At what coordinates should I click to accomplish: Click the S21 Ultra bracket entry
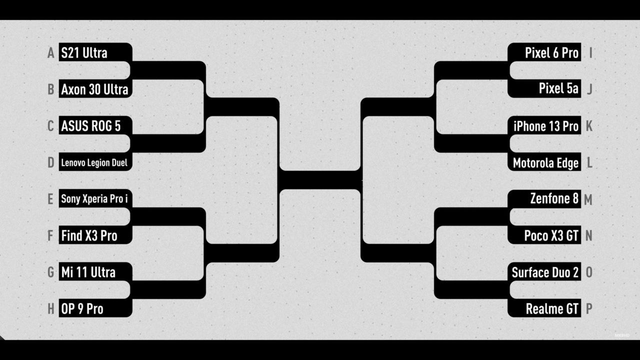[x=95, y=52]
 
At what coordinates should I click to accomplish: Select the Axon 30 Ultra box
[x=95, y=88]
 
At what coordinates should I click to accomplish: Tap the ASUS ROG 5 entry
[x=95, y=125]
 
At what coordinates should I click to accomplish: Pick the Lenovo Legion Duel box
[x=95, y=161]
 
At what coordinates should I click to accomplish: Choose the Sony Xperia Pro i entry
[x=95, y=198]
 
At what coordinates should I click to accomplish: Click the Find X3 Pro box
[x=95, y=235]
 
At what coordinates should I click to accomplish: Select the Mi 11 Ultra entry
[x=95, y=271]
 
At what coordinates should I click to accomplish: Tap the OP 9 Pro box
[x=95, y=308]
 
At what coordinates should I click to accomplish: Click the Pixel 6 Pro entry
[x=544, y=52]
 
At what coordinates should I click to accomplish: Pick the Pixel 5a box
[x=544, y=88]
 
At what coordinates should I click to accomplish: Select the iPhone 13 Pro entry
[x=544, y=125]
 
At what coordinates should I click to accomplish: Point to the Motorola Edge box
[x=544, y=161]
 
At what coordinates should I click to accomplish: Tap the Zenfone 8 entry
[x=544, y=199]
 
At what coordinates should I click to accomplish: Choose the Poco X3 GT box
[x=544, y=235]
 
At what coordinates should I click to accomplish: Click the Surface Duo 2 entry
[x=544, y=271]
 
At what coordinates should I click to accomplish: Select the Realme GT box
[x=544, y=308]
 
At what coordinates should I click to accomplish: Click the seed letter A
[x=50, y=53]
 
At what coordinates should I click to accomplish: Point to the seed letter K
[x=589, y=126]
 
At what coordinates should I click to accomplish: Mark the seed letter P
[x=589, y=309]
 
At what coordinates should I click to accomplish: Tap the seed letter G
[x=50, y=272]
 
